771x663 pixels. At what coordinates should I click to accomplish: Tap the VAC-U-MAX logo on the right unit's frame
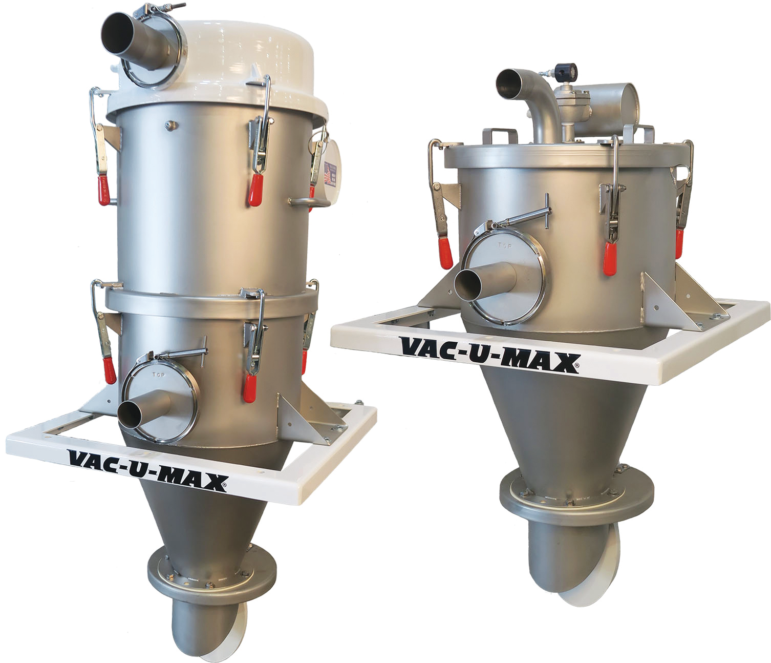tap(490, 355)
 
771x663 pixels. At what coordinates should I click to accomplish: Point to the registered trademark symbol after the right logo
tap(578, 366)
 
